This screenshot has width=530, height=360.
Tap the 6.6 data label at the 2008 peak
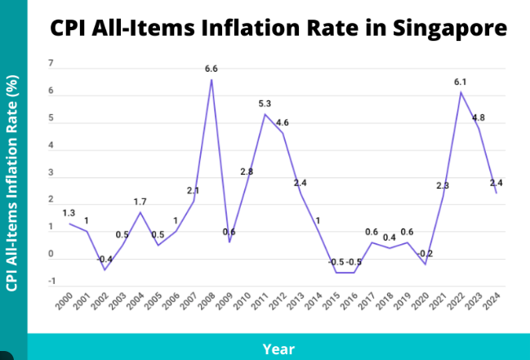pyautogui.click(x=212, y=69)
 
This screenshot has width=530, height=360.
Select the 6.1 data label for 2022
pyautogui.click(x=461, y=82)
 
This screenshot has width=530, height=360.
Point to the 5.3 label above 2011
pyautogui.click(x=265, y=104)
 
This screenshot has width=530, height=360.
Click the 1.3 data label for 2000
pyautogui.click(x=69, y=213)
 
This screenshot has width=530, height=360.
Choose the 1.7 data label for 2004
pyautogui.click(x=140, y=202)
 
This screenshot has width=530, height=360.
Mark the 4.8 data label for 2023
pyautogui.click(x=479, y=118)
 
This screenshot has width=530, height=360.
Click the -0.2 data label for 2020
pyautogui.click(x=425, y=254)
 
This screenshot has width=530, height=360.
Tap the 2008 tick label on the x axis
pyautogui.click(x=208, y=302)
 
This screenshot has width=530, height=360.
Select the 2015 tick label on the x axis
pyautogui.click(x=332, y=302)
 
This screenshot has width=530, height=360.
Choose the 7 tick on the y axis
pyautogui.click(x=51, y=64)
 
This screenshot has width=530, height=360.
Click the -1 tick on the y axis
pyautogui.click(x=51, y=282)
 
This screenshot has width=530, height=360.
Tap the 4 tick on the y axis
pyautogui.click(x=51, y=146)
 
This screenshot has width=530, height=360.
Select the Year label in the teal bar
pyautogui.click(x=278, y=349)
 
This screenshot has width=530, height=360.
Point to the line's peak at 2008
pyautogui.click(x=212, y=79)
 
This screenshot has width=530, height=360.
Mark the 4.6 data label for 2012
pyautogui.click(x=283, y=122)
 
